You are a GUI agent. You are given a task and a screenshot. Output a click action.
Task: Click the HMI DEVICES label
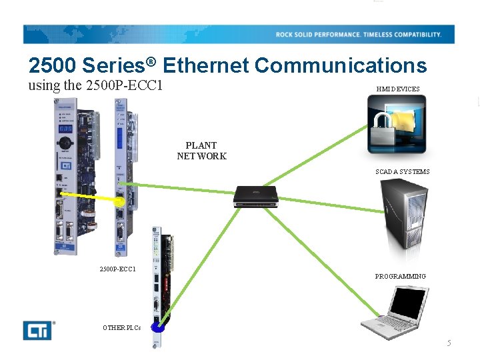[x=397, y=89]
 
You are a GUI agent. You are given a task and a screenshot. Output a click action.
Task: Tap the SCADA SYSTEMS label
[x=402, y=171]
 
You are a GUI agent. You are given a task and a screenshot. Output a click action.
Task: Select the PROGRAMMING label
[x=400, y=276]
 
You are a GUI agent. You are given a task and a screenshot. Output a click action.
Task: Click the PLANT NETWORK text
[x=201, y=151]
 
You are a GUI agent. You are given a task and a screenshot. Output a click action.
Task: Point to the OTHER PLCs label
[x=121, y=327]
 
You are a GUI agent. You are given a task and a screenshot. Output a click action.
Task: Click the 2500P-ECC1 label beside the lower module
[x=117, y=269]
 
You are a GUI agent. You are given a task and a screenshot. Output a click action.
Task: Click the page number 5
[x=449, y=343]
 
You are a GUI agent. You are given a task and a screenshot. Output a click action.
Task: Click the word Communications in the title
[x=340, y=65]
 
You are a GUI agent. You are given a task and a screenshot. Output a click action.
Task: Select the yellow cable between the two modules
[x=90, y=197]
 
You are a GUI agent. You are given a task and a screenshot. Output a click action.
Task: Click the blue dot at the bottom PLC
[x=158, y=327]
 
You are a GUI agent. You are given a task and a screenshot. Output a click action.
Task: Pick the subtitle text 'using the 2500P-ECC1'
[x=95, y=86]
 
